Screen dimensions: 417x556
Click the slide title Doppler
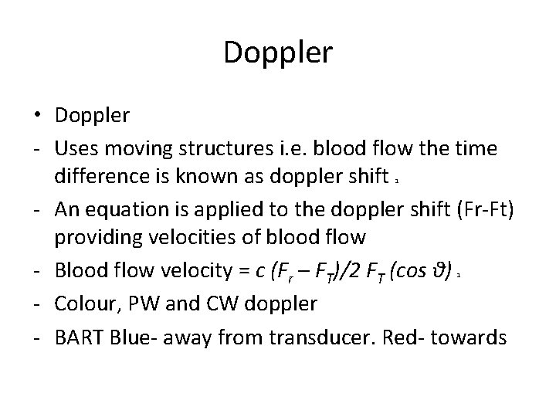pos(278,54)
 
